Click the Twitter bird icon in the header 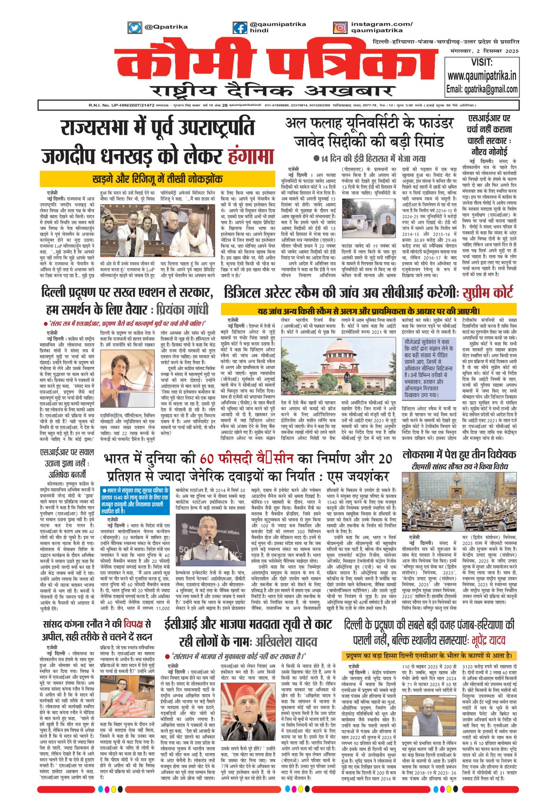coord(134,27)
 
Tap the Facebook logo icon coord(240,28)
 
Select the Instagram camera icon coord(340,28)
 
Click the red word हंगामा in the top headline coord(250,155)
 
